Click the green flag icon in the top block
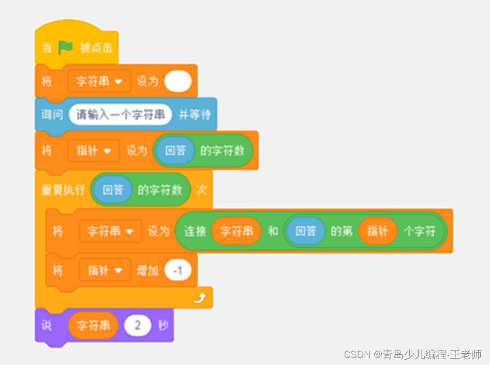65,48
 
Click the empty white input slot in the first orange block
178,81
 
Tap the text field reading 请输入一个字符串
120,115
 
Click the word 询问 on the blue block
52,115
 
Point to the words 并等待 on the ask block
194,115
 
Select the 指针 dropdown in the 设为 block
93,151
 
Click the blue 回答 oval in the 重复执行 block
112,190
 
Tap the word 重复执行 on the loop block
63,190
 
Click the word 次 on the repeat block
201,190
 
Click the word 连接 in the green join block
195,232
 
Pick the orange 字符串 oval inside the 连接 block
236,232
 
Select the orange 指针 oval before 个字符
378,232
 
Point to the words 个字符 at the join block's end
420,232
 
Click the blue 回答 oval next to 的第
305,232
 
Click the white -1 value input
178,271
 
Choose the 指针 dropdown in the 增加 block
104,271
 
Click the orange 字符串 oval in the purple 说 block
93,325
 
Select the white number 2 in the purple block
137,325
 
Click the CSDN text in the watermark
357,354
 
